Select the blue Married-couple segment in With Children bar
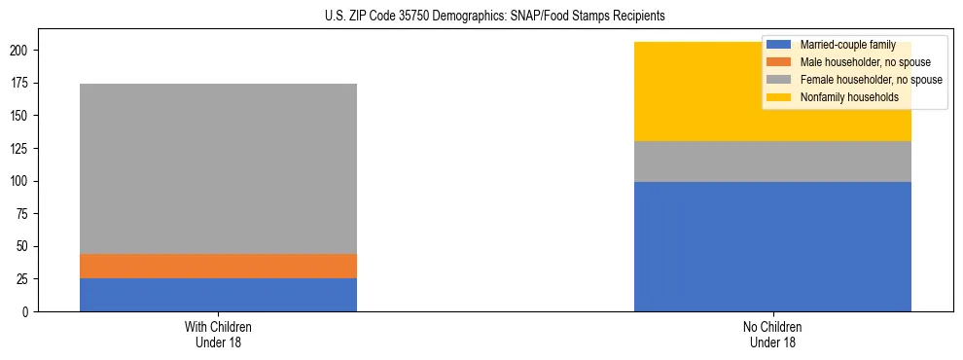pyautogui.click(x=218, y=295)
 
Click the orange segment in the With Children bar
pyautogui.click(x=218, y=266)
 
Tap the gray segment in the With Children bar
pyautogui.click(x=218, y=168)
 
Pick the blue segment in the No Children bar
pyautogui.click(x=772, y=246)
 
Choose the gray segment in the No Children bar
pyautogui.click(x=772, y=162)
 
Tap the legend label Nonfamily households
pyautogui.click(x=842, y=97)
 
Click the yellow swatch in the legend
pyautogui.click(x=778, y=97)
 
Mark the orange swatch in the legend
pyautogui.click(x=778, y=62)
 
